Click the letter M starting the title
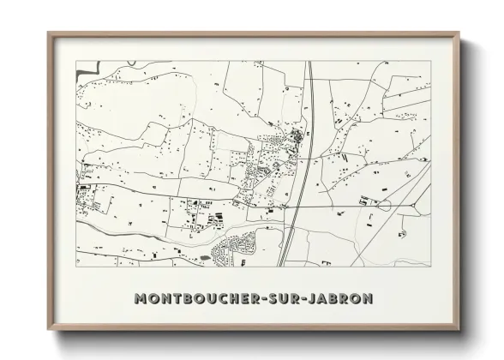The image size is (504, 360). point(141,298)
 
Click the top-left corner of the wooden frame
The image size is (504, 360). point(49,33)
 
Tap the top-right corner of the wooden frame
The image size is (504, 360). point(459,33)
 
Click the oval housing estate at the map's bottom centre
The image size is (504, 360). point(236,249)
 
